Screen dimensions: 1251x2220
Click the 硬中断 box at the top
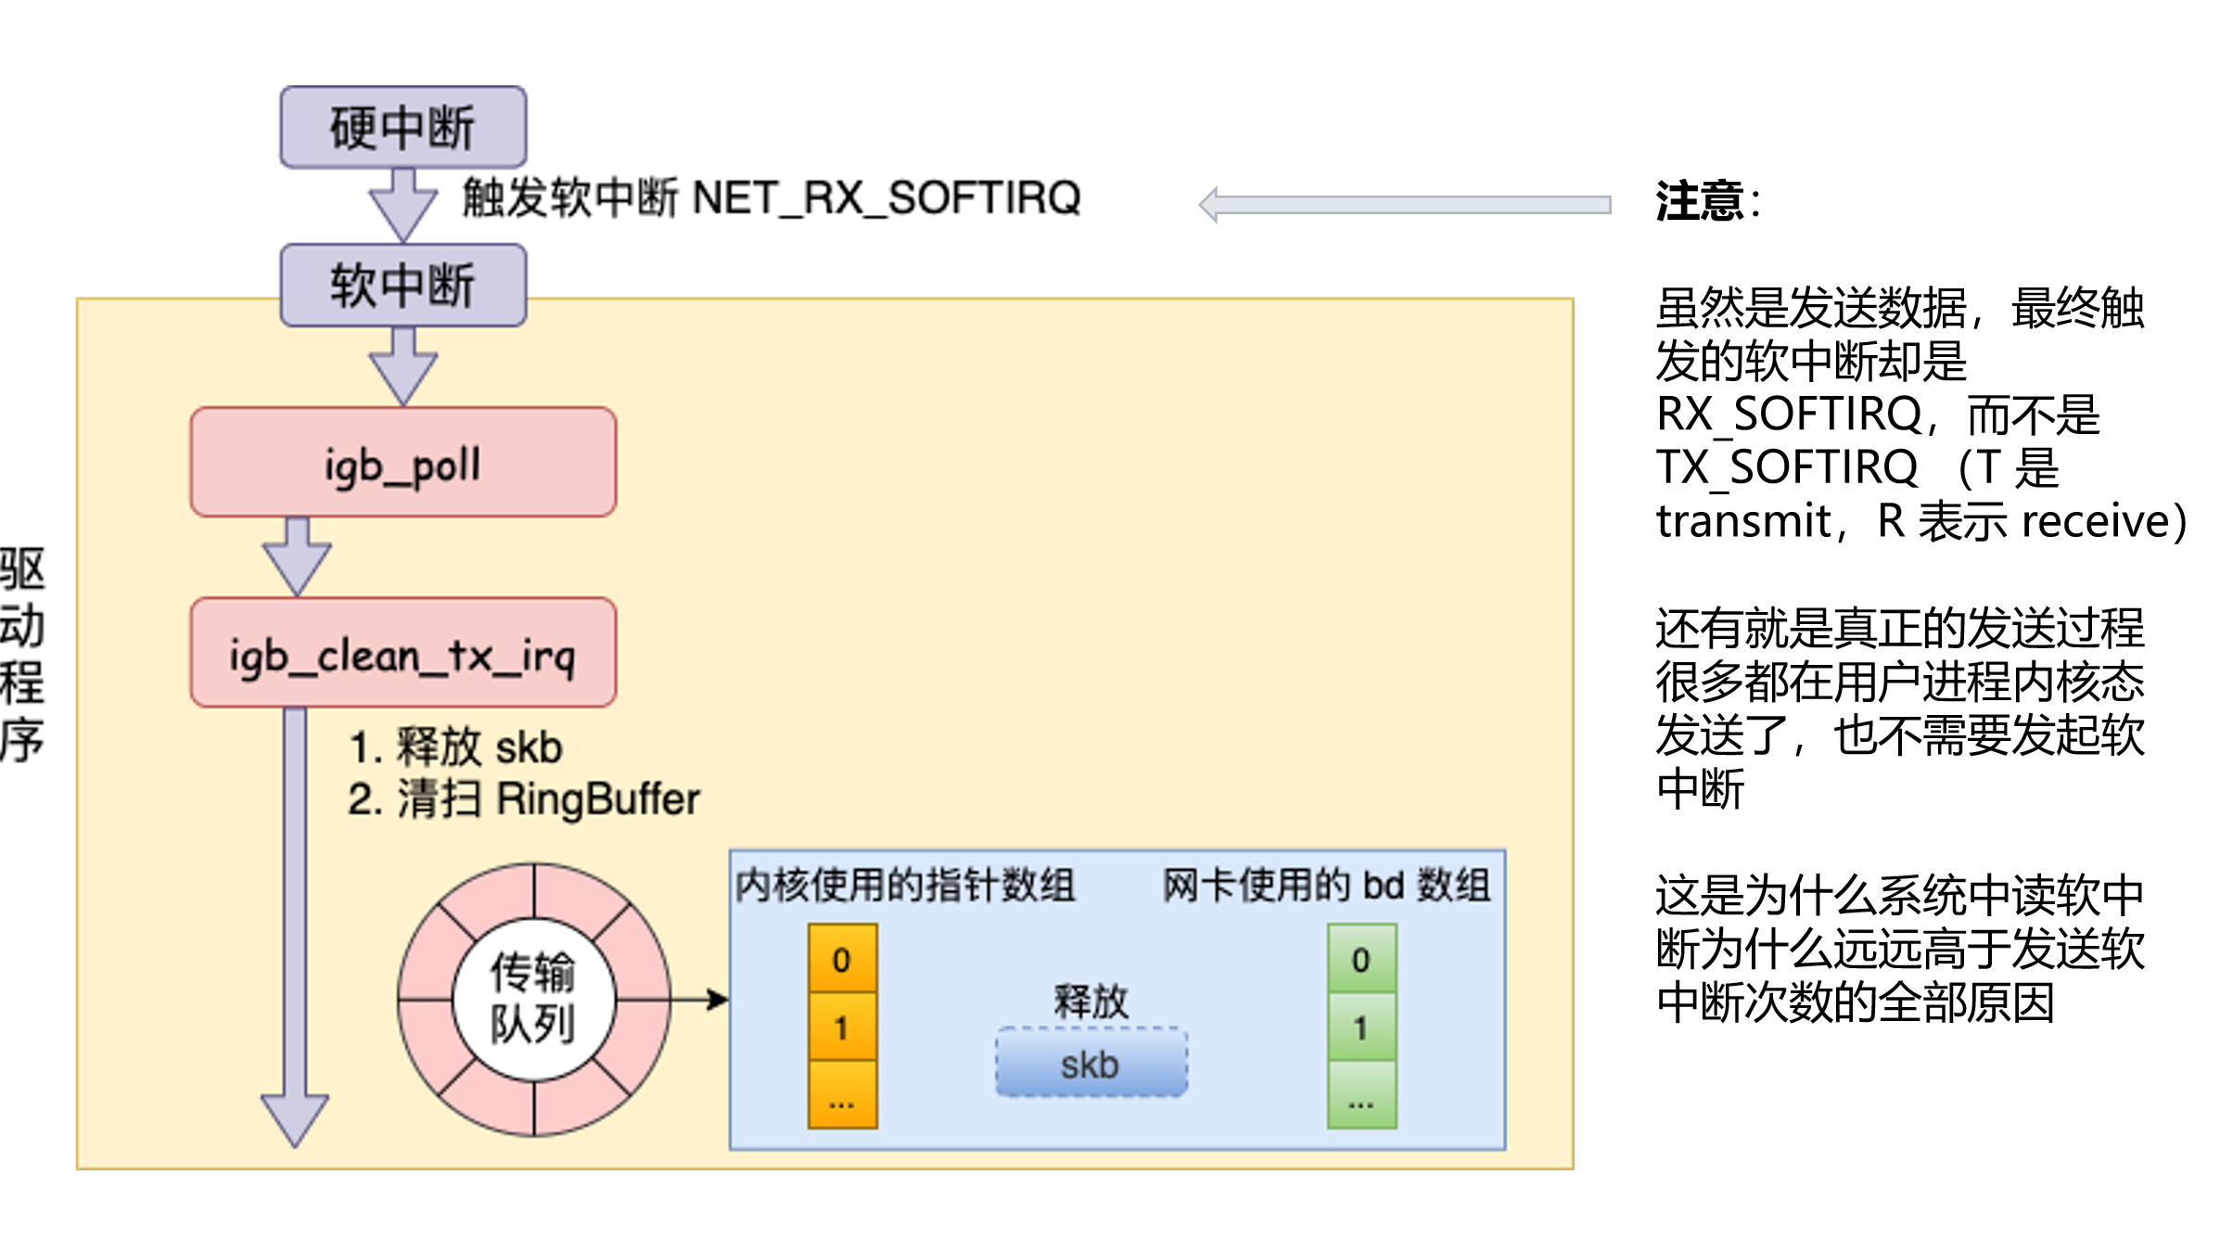pos(403,127)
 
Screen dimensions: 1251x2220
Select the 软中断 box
pos(403,285)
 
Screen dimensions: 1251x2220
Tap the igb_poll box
pos(403,462)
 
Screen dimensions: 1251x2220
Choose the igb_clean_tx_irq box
pos(403,653)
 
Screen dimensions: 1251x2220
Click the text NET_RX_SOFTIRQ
pos(887,198)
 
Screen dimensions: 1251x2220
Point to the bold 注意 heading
pos(1699,201)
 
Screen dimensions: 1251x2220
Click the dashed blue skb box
pos(1091,1063)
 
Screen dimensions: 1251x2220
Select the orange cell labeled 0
pos(842,959)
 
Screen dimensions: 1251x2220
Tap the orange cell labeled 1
pos(842,1028)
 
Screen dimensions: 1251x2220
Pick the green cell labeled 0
pos(1361,959)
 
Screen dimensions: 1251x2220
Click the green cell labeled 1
pos(1361,1028)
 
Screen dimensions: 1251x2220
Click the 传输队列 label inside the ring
pos(533,999)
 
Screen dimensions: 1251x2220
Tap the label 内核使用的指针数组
pos(904,885)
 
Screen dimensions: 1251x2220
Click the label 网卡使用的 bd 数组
pos(1326,885)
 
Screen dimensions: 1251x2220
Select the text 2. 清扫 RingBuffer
pos(524,799)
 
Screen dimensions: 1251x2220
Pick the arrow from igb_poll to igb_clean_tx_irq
pos(297,556)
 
